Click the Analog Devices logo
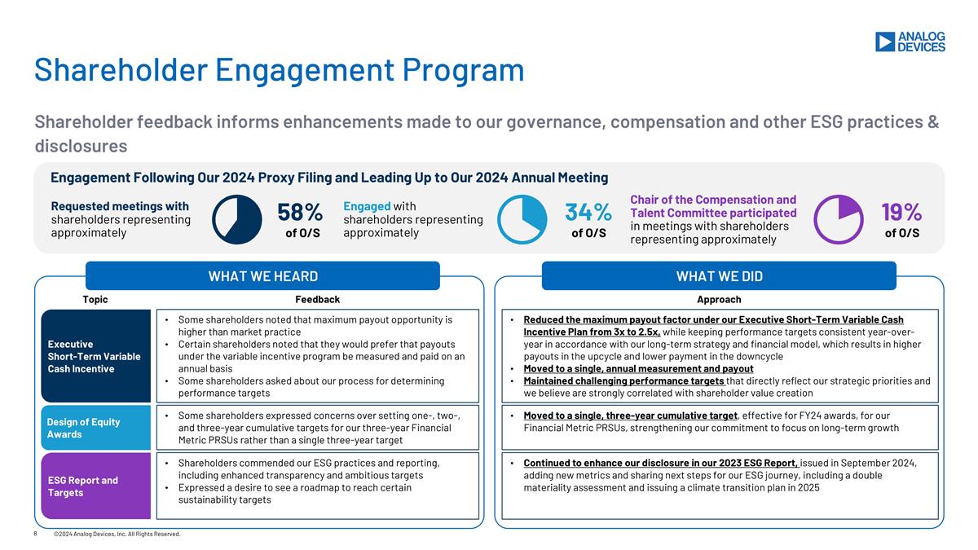point(910,42)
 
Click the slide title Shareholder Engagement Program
point(279,70)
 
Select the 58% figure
point(301,212)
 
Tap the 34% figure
point(588,212)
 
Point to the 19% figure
point(901,212)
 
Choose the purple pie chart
point(839,219)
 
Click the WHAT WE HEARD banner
point(262,276)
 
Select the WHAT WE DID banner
point(719,276)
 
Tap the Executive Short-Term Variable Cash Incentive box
point(96,356)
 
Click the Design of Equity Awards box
point(96,428)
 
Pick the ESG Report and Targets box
point(96,486)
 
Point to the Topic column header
point(95,300)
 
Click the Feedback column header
point(317,300)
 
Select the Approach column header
point(719,300)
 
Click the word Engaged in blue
point(367,206)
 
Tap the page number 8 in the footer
point(36,534)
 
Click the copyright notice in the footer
point(117,534)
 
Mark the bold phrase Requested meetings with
point(120,206)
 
